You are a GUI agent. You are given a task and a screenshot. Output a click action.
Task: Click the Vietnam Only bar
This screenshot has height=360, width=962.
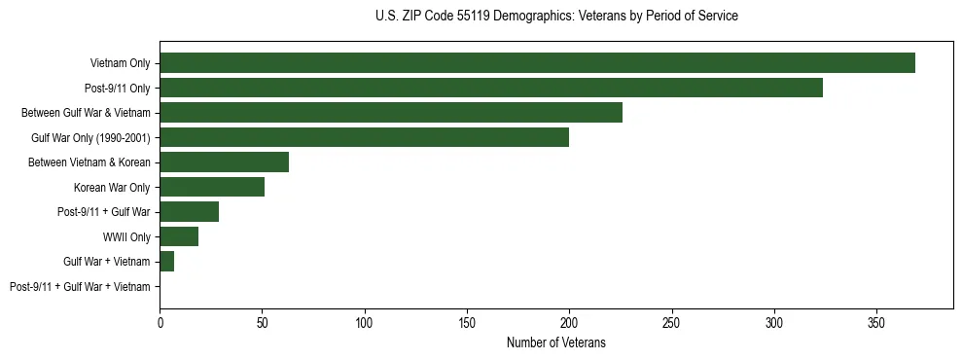pos(537,63)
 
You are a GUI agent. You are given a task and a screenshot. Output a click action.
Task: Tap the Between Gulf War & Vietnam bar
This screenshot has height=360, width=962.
pos(391,113)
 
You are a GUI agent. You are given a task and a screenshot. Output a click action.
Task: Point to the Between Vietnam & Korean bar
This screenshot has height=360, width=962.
pos(224,162)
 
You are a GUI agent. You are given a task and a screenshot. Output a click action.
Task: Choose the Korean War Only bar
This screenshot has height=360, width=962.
pos(212,187)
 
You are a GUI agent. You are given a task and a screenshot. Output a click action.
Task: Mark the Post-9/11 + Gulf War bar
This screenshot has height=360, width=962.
pos(190,212)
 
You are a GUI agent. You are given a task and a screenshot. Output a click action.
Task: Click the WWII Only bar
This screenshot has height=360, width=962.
pos(179,236)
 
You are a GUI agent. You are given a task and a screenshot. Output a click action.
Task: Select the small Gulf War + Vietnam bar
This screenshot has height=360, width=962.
pos(166,262)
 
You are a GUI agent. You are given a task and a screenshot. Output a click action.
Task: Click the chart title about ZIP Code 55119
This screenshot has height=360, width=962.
pos(555,17)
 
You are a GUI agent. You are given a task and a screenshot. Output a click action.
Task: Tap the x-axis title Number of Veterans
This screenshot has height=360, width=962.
pos(555,342)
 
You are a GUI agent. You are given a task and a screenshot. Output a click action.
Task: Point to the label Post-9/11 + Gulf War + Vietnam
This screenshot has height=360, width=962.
pos(80,286)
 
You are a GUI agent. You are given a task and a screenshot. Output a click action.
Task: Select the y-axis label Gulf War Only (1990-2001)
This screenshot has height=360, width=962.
pos(90,137)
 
